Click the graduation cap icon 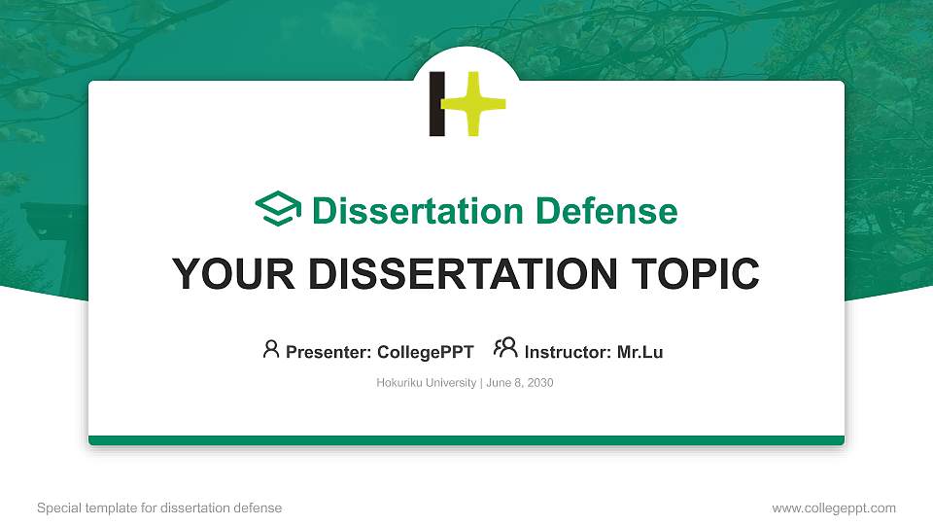[x=278, y=210]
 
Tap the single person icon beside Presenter [x=271, y=349]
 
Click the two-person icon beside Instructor [x=505, y=349]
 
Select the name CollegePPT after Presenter [x=425, y=352]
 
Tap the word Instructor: [x=568, y=352]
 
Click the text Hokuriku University [x=426, y=383]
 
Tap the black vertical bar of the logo [x=437, y=103]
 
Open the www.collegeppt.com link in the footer [x=833, y=507]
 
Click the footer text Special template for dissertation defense [x=159, y=507]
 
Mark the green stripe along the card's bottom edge [x=466, y=440]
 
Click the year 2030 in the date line [x=539, y=383]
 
